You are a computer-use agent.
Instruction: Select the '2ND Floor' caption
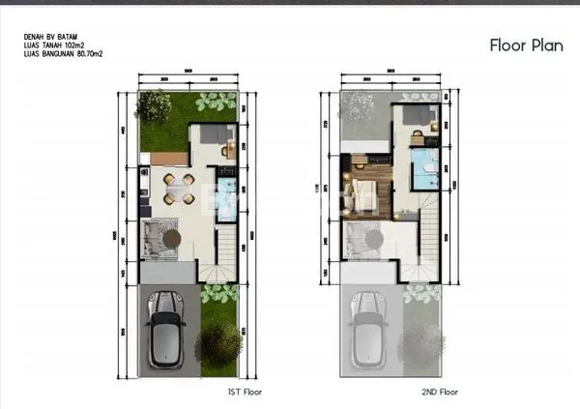[x=439, y=393]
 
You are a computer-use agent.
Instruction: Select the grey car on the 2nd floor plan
[x=367, y=331]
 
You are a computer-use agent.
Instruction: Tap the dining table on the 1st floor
[x=174, y=189]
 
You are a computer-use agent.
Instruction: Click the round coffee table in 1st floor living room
[x=172, y=237]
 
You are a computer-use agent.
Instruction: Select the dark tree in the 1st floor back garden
[x=152, y=104]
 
